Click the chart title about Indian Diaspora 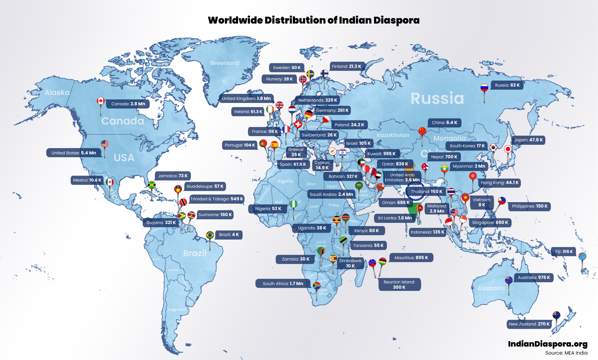[x=313, y=20]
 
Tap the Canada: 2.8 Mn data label [x=128, y=104]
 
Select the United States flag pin [x=105, y=144]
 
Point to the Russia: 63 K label [x=507, y=85]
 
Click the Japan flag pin [x=508, y=149]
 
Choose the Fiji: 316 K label [x=564, y=252]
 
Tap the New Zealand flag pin [x=556, y=315]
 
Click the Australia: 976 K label [x=533, y=278]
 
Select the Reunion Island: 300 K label [x=399, y=285]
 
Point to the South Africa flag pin [x=317, y=285]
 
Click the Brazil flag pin [x=210, y=235]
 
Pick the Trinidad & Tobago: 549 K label [x=217, y=199]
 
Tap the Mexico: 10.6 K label [x=87, y=180]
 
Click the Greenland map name [x=225, y=63]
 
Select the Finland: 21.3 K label [x=346, y=66]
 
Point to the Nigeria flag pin [x=294, y=204]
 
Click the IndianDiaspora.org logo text [x=547, y=344]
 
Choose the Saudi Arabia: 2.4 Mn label [x=331, y=194]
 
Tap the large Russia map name [x=437, y=99]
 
